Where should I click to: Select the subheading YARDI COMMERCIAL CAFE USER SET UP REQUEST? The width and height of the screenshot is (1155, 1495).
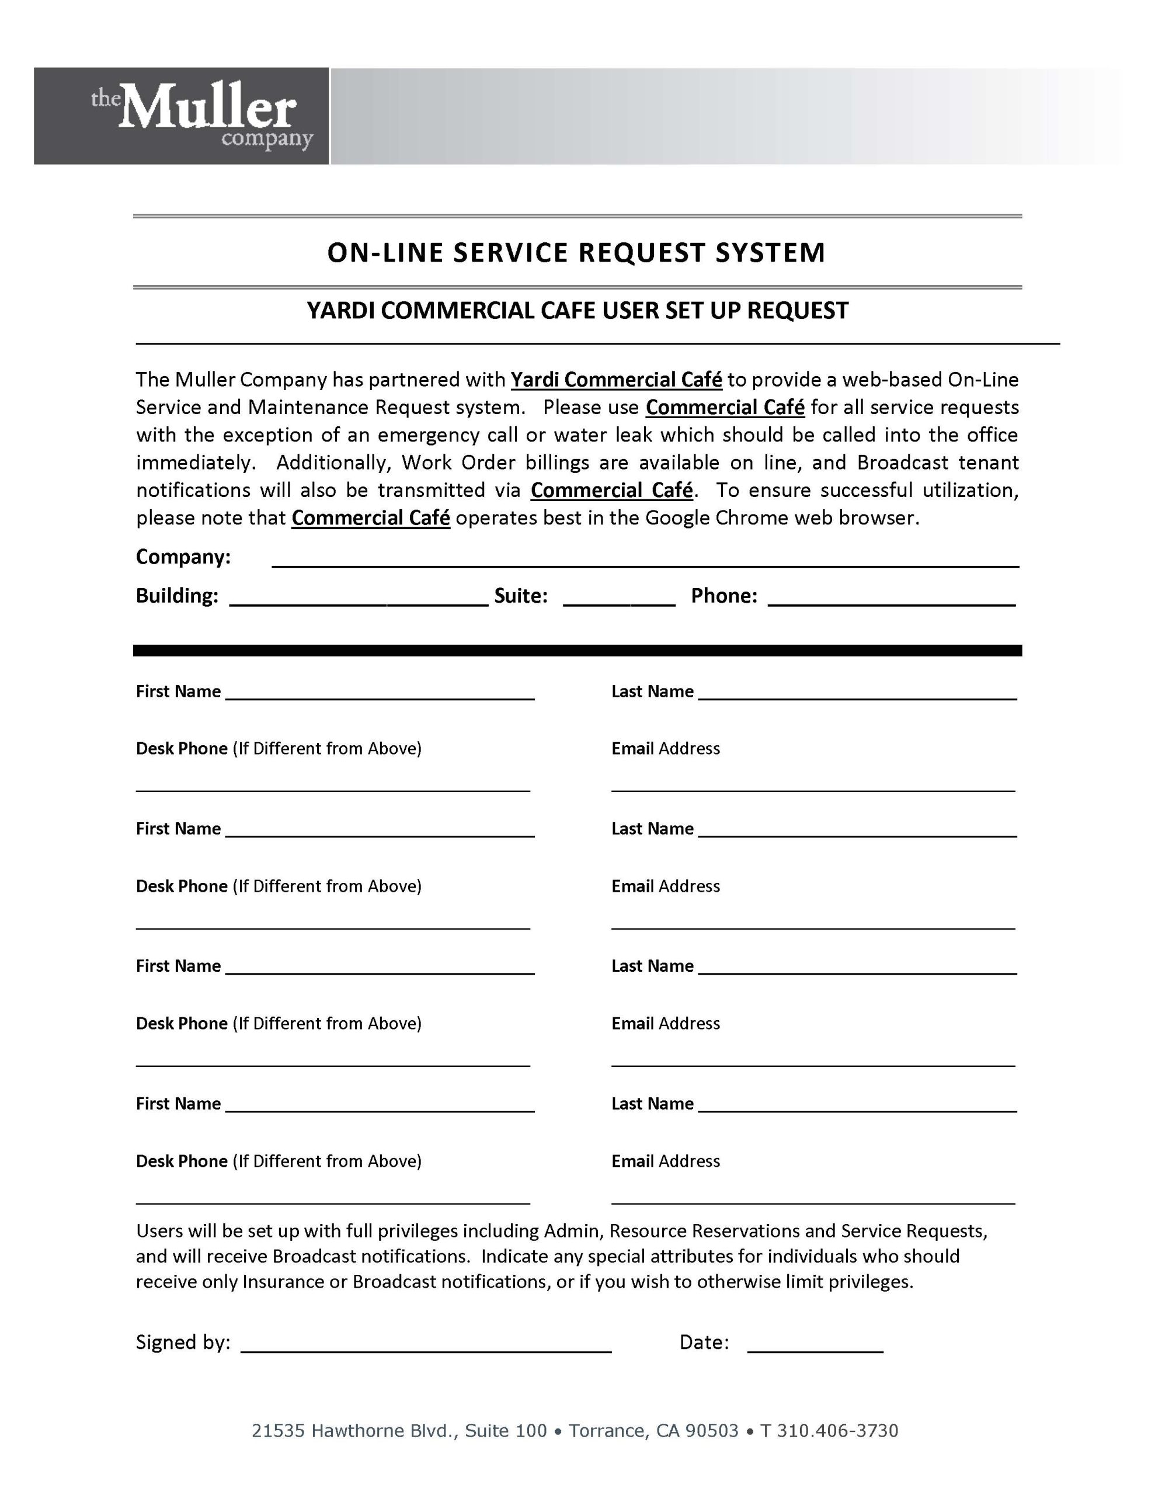pos(576,311)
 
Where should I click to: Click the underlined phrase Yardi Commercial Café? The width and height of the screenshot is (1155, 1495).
pos(616,379)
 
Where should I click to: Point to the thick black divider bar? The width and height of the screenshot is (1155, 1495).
pos(576,651)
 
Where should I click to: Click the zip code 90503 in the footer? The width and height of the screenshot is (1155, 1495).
pos(712,1431)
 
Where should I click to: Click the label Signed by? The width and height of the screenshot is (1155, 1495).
pos(183,1341)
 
